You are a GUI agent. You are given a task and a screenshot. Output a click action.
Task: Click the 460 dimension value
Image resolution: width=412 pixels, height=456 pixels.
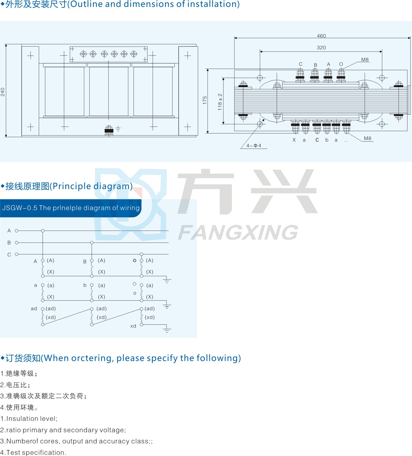[321, 36]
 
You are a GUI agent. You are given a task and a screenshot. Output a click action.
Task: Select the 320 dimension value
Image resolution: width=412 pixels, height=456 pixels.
[321, 47]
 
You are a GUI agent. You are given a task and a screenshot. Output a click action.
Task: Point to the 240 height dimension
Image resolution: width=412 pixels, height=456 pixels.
[3, 92]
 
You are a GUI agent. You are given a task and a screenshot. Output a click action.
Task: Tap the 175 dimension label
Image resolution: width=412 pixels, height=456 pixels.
[205, 100]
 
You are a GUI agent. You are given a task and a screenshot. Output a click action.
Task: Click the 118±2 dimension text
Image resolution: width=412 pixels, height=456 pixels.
[220, 102]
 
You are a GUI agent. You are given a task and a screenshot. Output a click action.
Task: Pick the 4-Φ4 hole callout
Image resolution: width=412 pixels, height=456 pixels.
[254, 145]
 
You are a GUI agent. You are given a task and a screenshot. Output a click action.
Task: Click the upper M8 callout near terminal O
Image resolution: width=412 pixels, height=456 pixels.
[365, 60]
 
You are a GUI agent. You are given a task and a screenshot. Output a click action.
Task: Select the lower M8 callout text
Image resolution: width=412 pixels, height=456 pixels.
[367, 138]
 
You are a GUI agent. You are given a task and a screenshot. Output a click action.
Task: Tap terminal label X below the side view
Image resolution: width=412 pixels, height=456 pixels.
[294, 140]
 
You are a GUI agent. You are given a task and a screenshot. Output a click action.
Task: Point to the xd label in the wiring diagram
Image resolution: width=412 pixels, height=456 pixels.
[133, 326]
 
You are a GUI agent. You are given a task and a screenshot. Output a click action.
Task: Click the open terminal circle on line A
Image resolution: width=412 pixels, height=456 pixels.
[17, 231]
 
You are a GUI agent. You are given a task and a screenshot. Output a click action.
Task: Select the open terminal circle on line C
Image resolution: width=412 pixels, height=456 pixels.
[17, 254]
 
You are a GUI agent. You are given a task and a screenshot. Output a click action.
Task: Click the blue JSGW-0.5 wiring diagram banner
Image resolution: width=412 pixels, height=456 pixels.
[71, 208]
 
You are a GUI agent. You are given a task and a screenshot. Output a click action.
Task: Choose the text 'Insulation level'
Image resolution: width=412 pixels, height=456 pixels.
[32, 418]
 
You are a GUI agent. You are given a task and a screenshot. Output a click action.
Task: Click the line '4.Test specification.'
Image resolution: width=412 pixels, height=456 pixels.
[33, 452]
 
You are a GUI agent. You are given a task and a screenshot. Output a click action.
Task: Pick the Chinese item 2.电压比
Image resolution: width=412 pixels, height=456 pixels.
[15, 385]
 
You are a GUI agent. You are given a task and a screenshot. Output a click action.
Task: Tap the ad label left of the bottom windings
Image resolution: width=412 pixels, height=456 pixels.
[34, 308]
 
